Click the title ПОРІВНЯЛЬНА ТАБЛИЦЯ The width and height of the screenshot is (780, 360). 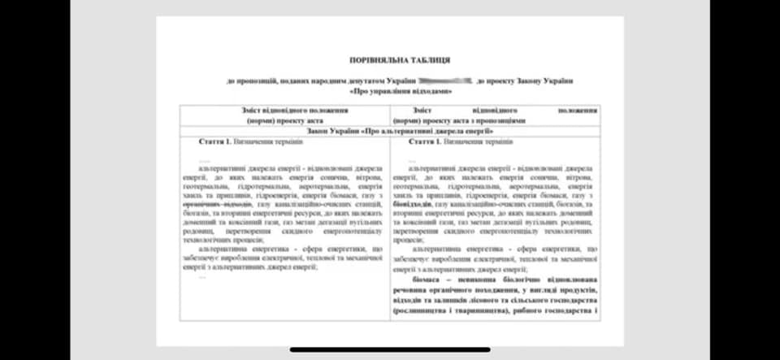click(x=399, y=60)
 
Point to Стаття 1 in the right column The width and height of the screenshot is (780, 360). click(x=427, y=141)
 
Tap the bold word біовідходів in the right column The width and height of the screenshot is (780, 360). click(x=412, y=204)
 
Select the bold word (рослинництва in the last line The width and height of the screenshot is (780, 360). click(x=423, y=310)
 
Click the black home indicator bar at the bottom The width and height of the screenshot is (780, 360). click(x=388, y=350)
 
